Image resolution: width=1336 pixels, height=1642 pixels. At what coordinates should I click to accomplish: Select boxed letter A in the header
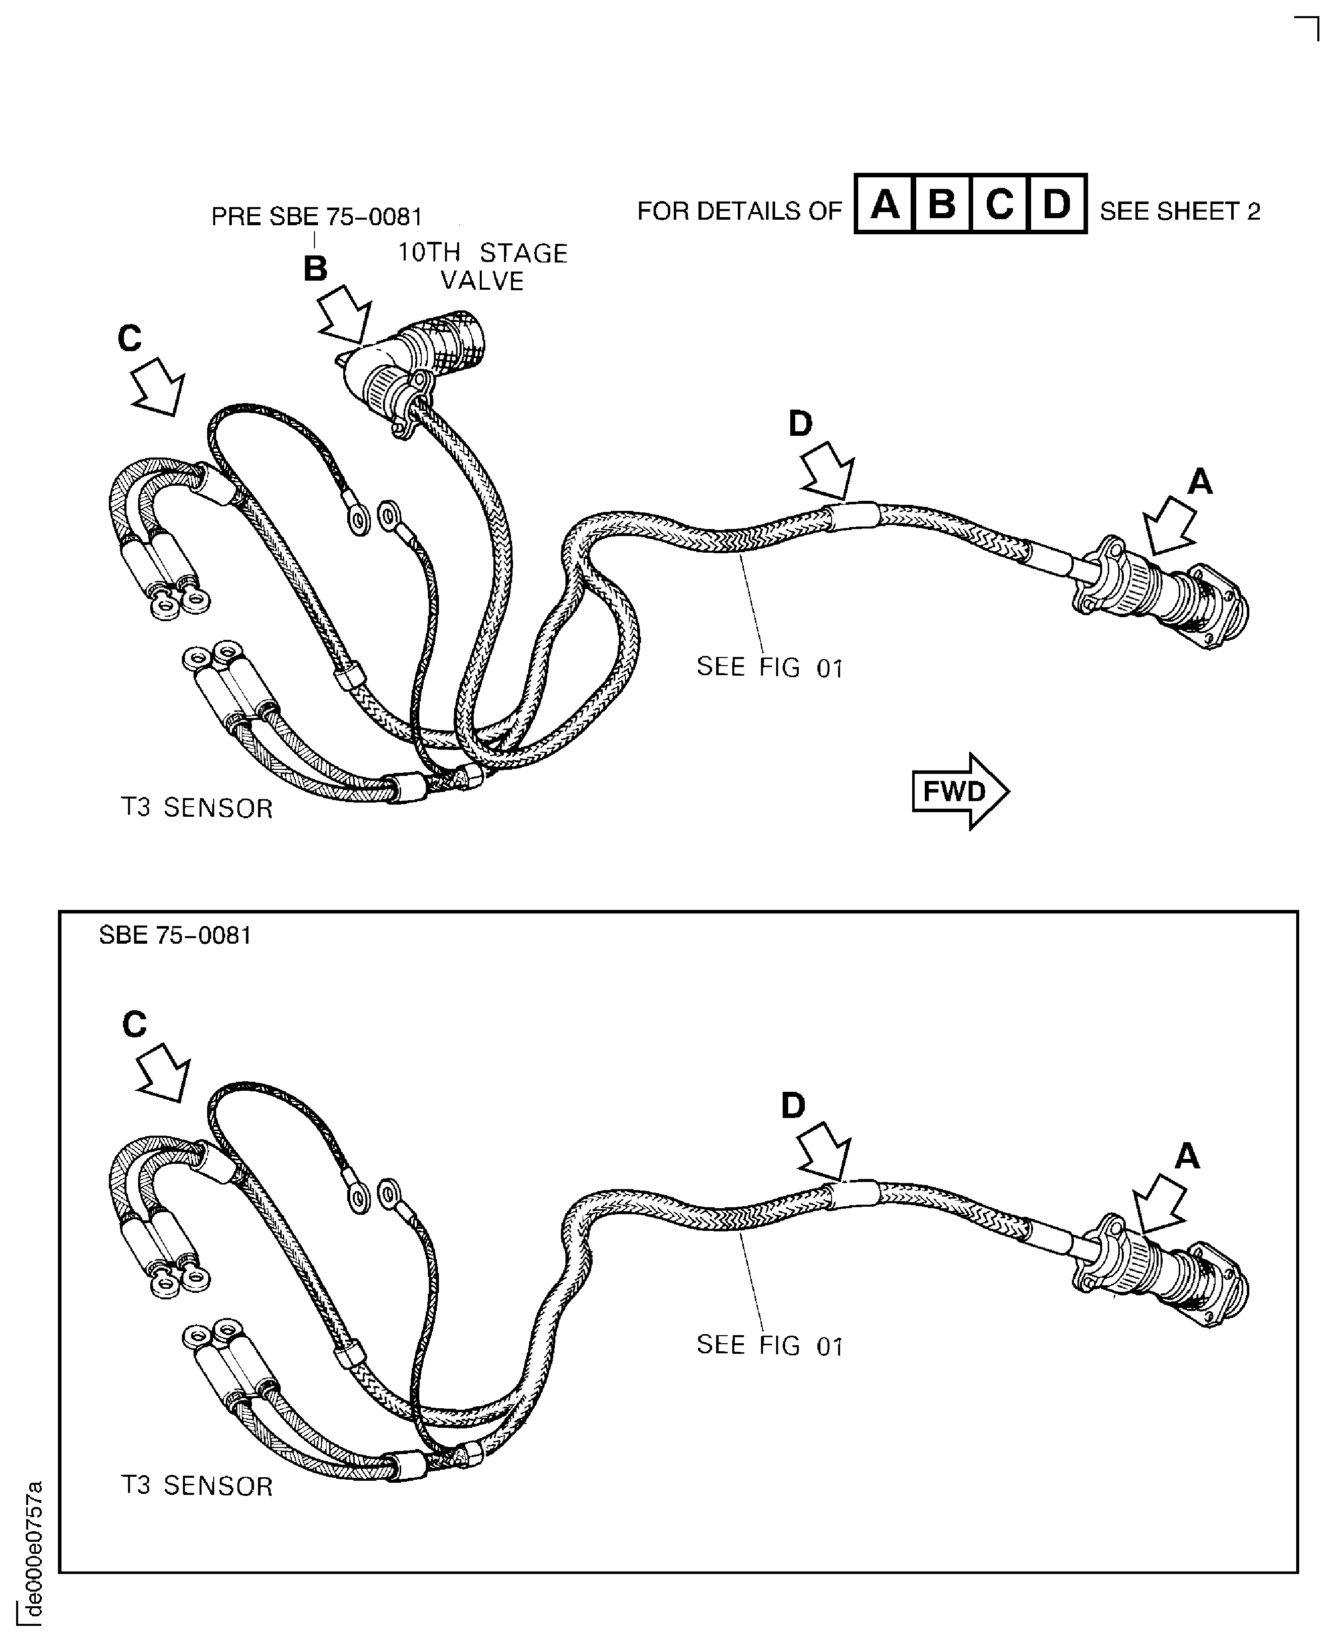884,204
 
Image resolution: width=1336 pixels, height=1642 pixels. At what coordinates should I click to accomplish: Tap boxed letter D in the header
1057,204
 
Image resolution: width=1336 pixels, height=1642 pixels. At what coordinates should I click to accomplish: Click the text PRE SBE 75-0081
317,217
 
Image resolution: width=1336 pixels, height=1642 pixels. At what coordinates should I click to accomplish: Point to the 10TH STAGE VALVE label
482,266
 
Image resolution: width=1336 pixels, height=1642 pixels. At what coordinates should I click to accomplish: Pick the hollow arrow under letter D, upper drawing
828,470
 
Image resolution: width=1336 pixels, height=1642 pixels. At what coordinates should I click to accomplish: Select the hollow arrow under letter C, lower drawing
163,1072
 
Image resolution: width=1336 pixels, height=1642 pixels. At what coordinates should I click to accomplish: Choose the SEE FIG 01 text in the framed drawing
770,1345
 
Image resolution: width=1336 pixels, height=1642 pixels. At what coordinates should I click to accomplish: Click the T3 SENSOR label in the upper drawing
197,809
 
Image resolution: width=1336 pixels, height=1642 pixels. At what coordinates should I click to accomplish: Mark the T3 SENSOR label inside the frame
197,1486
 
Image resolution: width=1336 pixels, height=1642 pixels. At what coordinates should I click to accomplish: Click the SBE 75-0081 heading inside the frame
175,935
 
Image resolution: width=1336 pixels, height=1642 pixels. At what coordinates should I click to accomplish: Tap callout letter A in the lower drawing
1187,1156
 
